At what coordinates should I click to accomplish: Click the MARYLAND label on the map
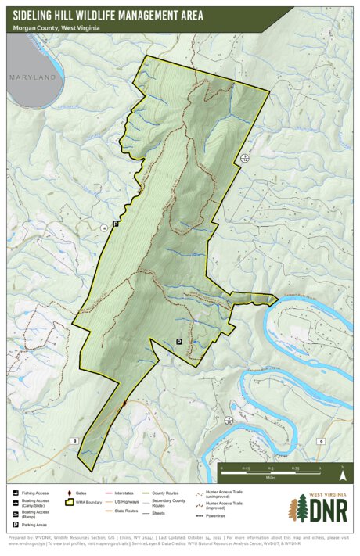(33, 77)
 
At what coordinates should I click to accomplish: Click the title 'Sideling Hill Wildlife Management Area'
(108, 14)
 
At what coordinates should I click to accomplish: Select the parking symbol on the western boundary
(116, 224)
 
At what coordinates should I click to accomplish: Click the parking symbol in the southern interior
(178, 342)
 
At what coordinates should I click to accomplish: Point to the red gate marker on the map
(124, 404)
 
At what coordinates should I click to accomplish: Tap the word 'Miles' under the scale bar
(271, 475)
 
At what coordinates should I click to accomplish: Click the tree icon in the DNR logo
(298, 509)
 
